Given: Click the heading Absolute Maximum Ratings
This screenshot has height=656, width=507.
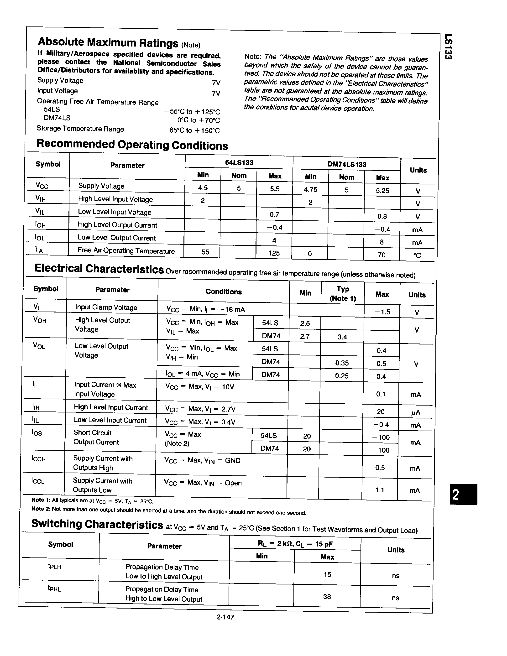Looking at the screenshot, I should tap(108, 42).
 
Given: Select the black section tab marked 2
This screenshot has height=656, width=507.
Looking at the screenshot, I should tap(463, 494).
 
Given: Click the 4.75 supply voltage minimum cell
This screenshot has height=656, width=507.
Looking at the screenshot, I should tap(311, 189).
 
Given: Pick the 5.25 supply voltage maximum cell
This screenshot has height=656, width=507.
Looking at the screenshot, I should tap(382, 190).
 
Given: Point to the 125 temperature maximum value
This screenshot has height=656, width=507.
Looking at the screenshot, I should tap(274, 253).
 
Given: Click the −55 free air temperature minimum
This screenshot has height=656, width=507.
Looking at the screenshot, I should tap(202, 252).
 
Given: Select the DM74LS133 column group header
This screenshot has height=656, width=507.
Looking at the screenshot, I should tap(347, 164).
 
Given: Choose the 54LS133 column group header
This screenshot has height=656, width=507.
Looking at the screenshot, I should tap(239, 162).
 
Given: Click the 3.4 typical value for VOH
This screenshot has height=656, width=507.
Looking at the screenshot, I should tap(342, 337).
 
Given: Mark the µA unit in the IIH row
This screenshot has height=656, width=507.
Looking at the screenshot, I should tap(415, 413).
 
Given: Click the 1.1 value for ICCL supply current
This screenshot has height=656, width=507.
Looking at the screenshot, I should tap(380, 490).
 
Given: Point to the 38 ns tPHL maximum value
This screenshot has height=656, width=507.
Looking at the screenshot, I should tap(327, 597).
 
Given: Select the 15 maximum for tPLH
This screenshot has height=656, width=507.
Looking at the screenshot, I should tap(327, 574).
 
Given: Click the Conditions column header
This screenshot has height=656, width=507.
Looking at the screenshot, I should tap(224, 292).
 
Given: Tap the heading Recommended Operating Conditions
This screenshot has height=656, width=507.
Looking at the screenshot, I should tap(132, 145).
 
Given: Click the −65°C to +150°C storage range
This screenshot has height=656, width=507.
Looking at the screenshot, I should tap(192, 130).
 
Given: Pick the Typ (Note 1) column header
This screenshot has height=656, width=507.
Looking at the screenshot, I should tap(343, 293).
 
